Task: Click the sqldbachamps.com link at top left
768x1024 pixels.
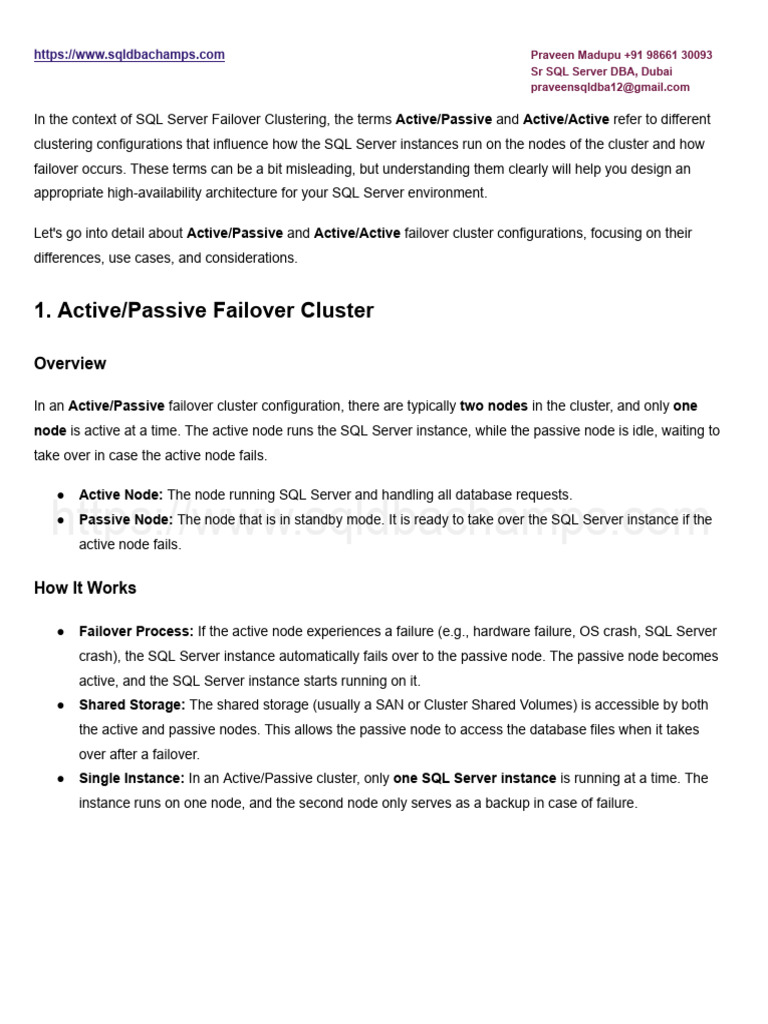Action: (129, 55)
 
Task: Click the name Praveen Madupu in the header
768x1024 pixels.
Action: (575, 55)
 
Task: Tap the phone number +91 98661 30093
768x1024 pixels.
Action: (668, 55)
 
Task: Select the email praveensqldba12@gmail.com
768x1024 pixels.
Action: (609, 87)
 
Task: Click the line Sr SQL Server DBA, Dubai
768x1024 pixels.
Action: (601, 71)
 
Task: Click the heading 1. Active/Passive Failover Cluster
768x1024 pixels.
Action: (204, 310)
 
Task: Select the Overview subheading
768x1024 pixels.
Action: (70, 363)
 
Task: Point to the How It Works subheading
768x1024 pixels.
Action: (85, 588)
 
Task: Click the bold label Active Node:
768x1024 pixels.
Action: (121, 495)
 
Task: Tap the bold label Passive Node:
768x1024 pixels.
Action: (126, 520)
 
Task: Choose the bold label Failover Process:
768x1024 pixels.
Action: (136, 632)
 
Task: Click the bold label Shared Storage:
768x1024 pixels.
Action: (132, 705)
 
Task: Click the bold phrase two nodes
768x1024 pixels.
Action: (493, 406)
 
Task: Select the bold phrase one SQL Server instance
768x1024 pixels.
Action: (474, 778)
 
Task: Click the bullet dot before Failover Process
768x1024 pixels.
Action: (61, 632)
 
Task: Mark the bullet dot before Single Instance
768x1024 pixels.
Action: (61, 778)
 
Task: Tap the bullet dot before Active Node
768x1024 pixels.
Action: (61, 495)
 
